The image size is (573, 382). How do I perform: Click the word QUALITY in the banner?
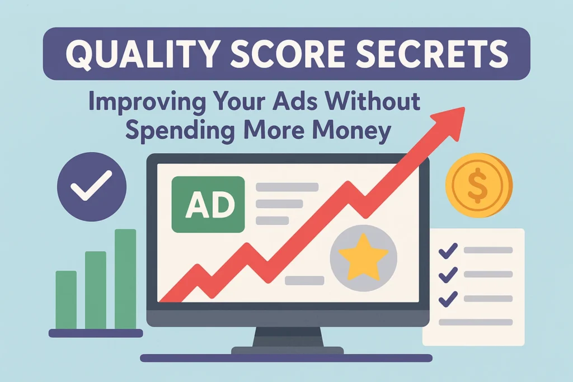click(143, 54)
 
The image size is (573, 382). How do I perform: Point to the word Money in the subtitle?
click(353, 130)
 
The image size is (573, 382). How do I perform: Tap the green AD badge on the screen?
click(208, 205)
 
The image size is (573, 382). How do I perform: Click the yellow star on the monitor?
click(363, 257)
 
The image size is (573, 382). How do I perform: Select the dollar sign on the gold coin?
click(478, 186)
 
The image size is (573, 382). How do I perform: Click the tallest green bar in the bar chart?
click(125, 279)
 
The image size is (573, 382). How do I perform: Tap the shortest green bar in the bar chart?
click(66, 300)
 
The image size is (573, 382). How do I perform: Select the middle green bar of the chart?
click(96, 290)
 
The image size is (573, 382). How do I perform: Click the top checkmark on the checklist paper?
click(448, 251)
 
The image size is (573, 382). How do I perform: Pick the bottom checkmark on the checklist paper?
click(448, 299)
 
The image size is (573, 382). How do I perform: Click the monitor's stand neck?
click(288, 337)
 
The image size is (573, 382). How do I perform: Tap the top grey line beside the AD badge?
click(287, 187)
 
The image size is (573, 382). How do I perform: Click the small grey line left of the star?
click(304, 280)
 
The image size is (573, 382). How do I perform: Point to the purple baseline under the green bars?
click(96, 333)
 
